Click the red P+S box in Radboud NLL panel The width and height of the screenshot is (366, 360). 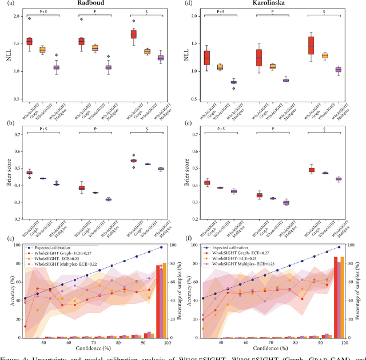29,42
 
